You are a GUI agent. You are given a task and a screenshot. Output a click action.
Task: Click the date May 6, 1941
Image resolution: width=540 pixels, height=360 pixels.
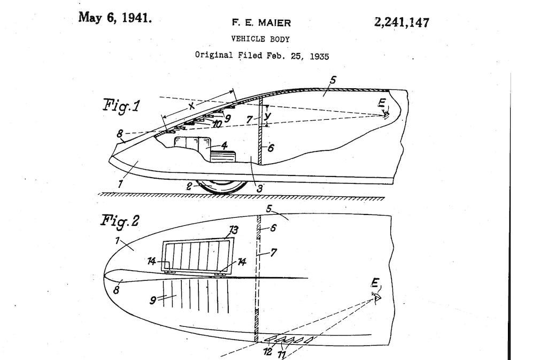(115, 18)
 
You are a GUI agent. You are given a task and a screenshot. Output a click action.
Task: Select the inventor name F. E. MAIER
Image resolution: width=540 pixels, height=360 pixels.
(261, 23)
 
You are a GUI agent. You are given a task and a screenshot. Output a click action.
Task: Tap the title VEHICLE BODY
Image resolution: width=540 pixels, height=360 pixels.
(260, 39)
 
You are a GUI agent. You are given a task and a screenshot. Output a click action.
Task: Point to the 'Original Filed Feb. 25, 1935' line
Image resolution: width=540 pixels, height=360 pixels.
(262, 56)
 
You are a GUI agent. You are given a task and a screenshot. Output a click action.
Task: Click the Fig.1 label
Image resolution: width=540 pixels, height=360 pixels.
(121, 105)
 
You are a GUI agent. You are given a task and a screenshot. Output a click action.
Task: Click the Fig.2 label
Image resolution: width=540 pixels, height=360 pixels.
(120, 221)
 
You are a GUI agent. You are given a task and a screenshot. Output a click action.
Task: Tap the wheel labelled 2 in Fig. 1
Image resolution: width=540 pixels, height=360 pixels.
(222, 186)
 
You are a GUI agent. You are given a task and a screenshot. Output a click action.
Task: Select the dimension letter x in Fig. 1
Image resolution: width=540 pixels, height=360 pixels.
(192, 106)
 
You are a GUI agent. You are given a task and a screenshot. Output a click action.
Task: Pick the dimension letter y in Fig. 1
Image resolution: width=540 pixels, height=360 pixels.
(267, 116)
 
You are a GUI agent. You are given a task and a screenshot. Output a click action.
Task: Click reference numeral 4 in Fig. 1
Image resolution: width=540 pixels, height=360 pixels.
(224, 145)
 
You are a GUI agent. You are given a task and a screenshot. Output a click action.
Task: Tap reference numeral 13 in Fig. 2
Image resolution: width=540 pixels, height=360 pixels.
(234, 230)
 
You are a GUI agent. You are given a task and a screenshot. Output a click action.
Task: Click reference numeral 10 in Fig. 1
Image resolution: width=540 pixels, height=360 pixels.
(217, 124)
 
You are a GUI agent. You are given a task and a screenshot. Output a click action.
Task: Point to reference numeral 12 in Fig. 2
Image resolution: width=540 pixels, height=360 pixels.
(267, 352)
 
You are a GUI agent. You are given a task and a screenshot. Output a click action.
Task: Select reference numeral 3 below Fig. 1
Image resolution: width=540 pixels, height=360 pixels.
(259, 188)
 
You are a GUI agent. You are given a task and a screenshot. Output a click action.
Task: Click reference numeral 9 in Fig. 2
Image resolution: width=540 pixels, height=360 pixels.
(153, 300)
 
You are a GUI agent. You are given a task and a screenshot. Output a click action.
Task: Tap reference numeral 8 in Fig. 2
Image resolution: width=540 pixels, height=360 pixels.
(116, 290)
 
